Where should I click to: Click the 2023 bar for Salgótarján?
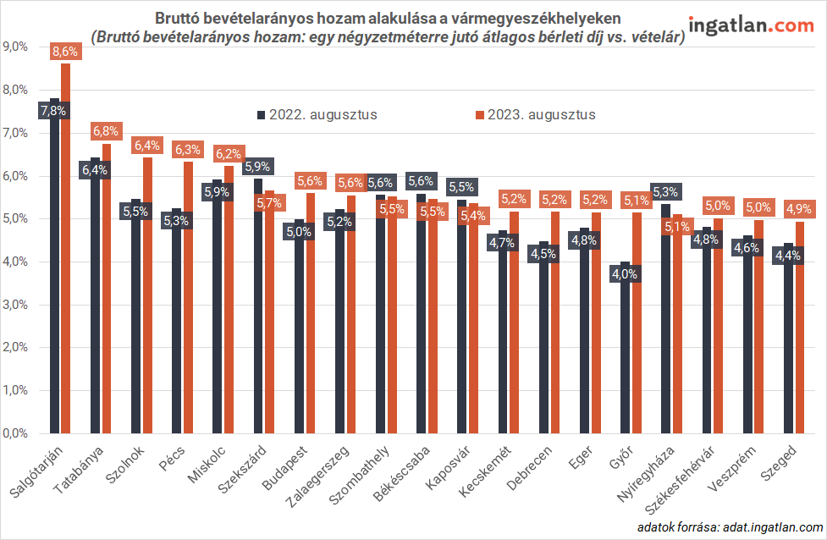pos(65,254)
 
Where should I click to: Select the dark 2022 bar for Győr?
pos(626,355)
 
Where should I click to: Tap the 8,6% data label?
pos(65,52)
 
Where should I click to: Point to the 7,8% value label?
pos(52,110)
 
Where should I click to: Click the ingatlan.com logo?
pos(752,25)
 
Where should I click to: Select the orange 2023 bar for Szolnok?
pos(147,296)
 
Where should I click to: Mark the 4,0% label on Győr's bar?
pos(626,273)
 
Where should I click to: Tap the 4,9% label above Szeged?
pos(799,208)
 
